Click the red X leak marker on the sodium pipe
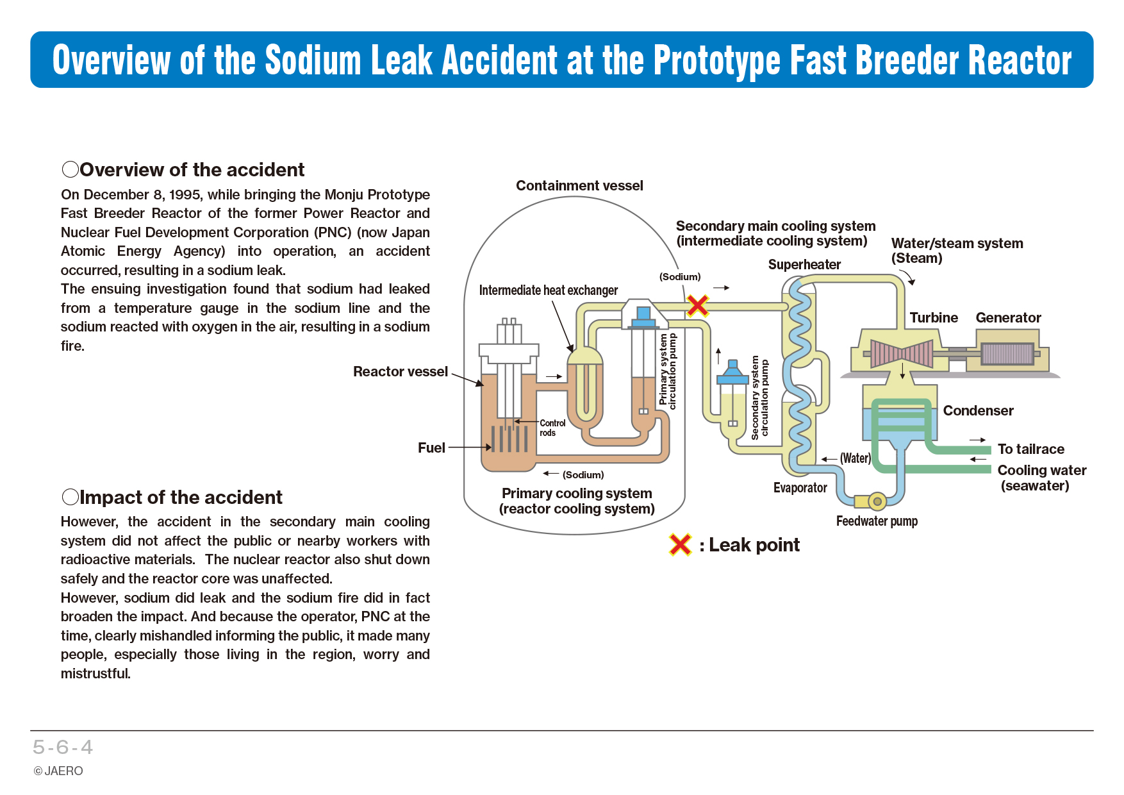(x=697, y=306)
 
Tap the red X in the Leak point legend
(x=680, y=545)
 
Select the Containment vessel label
(x=579, y=186)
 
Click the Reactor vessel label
(x=401, y=372)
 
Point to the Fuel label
(x=431, y=448)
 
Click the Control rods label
(x=552, y=428)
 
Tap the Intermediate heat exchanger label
(x=549, y=290)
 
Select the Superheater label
(x=804, y=265)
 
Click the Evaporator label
(x=800, y=488)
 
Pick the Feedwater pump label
(x=877, y=521)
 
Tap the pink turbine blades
(x=902, y=354)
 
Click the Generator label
(x=1008, y=318)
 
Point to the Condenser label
(x=978, y=411)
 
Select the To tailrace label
(x=1030, y=449)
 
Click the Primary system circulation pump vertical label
(x=668, y=371)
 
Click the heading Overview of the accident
(x=183, y=170)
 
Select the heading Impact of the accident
(x=172, y=498)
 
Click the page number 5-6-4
(x=63, y=748)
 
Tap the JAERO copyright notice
(x=58, y=771)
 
